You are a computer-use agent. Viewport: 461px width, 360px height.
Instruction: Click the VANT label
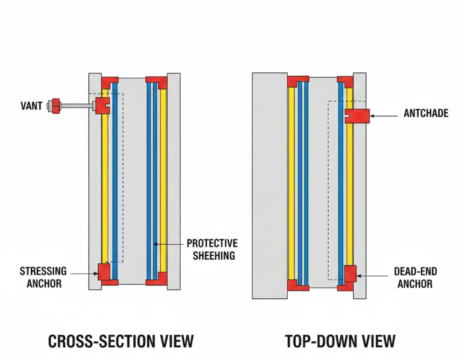click(x=32, y=106)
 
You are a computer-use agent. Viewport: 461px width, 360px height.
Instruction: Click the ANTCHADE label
click(x=425, y=113)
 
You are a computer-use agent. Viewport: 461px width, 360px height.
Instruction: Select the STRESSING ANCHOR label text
click(x=43, y=277)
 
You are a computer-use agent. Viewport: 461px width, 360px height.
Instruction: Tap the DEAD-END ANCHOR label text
click(x=415, y=277)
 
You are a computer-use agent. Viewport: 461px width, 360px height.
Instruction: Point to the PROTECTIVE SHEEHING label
click(x=212, y=249)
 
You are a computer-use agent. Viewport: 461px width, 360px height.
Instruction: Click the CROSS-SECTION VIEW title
click(x=121, y=341)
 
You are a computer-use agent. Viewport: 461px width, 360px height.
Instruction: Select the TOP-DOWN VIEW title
click(x=340, y=341)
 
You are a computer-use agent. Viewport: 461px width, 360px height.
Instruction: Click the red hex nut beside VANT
click(x=56, y=106)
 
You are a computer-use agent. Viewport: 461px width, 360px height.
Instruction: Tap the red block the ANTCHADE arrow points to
click(x=357, y=116)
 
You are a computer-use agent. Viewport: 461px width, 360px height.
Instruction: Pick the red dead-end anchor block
click(x=350, y=273)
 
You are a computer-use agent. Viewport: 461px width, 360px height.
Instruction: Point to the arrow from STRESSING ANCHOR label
click(x=84, y=273)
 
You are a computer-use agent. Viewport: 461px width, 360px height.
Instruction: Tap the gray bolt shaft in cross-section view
click(x=77, y=106)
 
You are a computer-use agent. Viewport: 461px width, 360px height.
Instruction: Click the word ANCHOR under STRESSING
click(x=44, y=283)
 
